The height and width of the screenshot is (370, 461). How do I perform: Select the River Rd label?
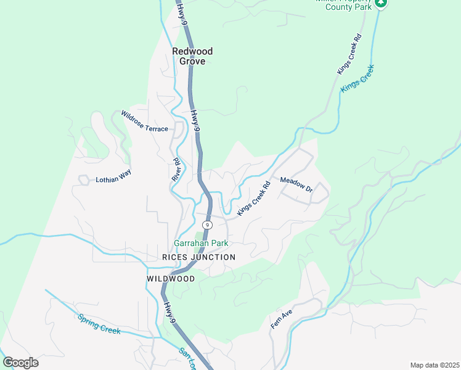[176, 170]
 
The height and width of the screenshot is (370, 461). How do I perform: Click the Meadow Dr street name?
[296, 185]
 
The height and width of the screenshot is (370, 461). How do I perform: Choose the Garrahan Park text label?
[201, 244]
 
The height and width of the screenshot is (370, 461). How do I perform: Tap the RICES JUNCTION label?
[198, 257]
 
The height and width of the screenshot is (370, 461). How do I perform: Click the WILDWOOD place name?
[171, 279]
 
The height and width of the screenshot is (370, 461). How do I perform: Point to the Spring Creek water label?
[99, 324]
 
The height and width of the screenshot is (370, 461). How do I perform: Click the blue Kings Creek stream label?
[357, 78]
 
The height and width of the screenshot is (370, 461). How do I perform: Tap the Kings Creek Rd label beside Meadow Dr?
[254, 197]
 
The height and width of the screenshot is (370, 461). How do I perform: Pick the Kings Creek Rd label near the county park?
[348, 55]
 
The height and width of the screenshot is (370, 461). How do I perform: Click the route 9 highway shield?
[208, 224]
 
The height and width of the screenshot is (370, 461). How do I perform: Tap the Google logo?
[20, 362]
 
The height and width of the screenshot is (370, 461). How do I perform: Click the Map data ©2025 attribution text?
[434, 365]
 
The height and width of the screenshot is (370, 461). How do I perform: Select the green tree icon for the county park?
[381, 4]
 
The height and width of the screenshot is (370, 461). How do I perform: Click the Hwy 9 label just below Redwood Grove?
[195, 121]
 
